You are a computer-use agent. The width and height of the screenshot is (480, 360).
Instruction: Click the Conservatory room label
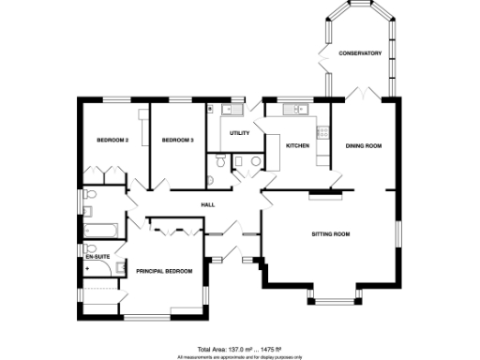tap(360, 53)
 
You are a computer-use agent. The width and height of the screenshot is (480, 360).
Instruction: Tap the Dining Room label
tap(364, 145)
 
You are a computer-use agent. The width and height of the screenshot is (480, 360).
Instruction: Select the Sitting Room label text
tap(330, 233)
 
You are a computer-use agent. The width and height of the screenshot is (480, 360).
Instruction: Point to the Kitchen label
tap(297, 145)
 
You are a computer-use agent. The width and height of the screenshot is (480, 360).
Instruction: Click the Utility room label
tap(239, 133)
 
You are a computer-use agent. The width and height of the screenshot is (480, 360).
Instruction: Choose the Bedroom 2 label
tap(112, 140)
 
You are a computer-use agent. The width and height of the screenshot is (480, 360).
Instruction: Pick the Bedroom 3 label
tap(177, 140)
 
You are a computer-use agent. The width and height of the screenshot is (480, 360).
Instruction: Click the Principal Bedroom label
tap(164, 271)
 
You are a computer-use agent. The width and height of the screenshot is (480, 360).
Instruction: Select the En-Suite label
tap(97, 255)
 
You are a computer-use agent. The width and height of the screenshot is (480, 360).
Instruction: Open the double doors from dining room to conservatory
tap(361, 94)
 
